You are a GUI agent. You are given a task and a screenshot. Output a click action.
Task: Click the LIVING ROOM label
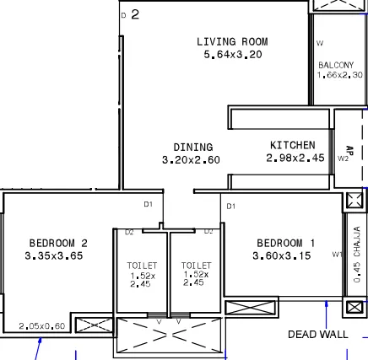pyautogui.click(x=232, y=41)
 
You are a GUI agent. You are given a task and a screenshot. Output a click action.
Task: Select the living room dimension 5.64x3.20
pyautogui.click(x=232, y=54)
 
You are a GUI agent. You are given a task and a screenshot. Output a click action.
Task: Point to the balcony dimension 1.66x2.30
pyautogui.click(x=339, y=75)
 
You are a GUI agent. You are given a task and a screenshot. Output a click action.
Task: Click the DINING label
pyautogui.click(x=192, y=148)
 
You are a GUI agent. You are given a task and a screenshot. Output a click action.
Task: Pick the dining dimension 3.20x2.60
pyautogui.click(x=191, y=159)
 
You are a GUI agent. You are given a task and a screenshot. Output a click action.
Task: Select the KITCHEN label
pyautogui.click(x=292, y=145)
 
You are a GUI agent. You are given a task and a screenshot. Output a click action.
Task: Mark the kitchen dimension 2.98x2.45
pyautogui.click(x=295, y=158)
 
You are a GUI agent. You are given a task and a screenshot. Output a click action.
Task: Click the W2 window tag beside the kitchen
pyautogui.click(x=343, y=157)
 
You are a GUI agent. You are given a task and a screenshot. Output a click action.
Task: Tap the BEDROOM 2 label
pyautogui.click(x=58, y=243)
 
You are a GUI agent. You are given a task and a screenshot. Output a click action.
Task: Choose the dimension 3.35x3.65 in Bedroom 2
pyautogui.click(x=54, y=255)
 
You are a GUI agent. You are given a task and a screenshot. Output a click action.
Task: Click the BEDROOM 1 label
pyautogui.click(x=285, y=243)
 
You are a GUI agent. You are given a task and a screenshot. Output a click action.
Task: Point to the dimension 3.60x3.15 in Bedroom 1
pyautogui.click(x=281, y=255)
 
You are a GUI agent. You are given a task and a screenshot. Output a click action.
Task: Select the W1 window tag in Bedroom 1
pyautogui.click(x=336, y=253)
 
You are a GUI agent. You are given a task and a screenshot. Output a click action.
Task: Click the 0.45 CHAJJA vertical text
pyautogui.click(x=357, y=254)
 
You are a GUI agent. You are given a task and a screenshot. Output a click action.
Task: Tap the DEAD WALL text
pyautogui.click(x=317, y=335)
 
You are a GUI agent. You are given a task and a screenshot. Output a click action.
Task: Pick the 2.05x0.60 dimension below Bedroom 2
pyautogui.click(x=41, y=325)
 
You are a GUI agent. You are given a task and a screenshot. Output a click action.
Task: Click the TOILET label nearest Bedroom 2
pyautogui.click(x=143, y=265)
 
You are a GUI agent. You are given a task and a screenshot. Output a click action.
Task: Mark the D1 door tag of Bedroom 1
pyautogui.click(x=230, y=205)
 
